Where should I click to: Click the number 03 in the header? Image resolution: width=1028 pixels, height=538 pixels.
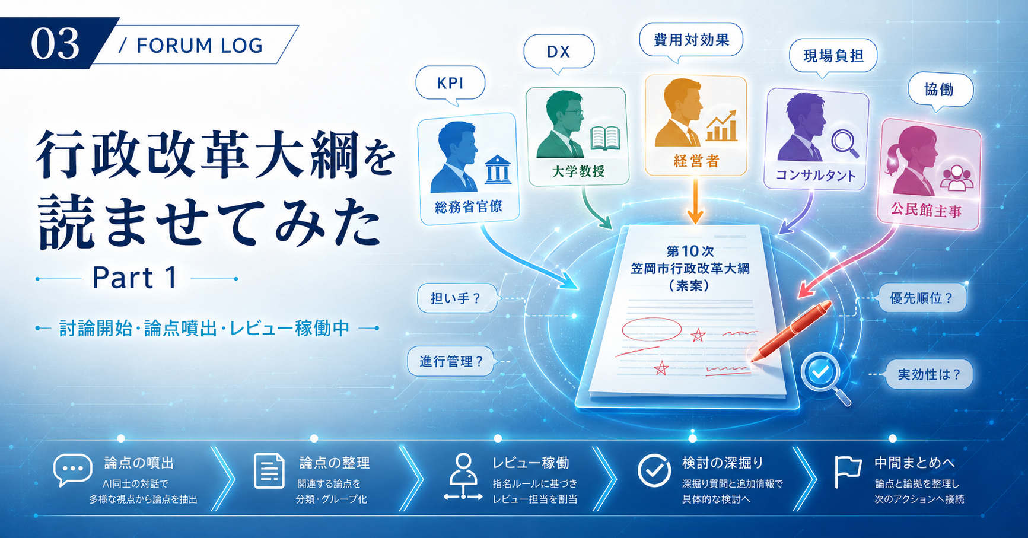[x=55, y=44]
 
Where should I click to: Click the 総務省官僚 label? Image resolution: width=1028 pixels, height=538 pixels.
[x=469, y=207]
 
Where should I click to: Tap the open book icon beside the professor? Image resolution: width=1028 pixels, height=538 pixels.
[x=605, y=138]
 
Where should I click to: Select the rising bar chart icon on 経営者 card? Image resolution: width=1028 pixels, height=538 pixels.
[x=721, y=126]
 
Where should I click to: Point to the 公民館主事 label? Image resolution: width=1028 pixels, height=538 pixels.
[x=926, y=210]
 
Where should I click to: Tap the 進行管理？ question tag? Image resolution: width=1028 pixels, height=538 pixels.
[x=451, y=361]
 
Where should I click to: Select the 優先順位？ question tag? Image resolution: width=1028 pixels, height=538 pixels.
[x=922, y=298]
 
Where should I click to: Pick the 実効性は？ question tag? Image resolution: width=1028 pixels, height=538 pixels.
[x=929, y=375]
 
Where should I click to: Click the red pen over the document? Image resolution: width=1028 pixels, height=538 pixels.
[x=791, y=331]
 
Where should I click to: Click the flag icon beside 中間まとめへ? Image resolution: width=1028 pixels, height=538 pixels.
[x=847, y=472]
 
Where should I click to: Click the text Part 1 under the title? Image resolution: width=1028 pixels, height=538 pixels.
[x=135, y=278]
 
